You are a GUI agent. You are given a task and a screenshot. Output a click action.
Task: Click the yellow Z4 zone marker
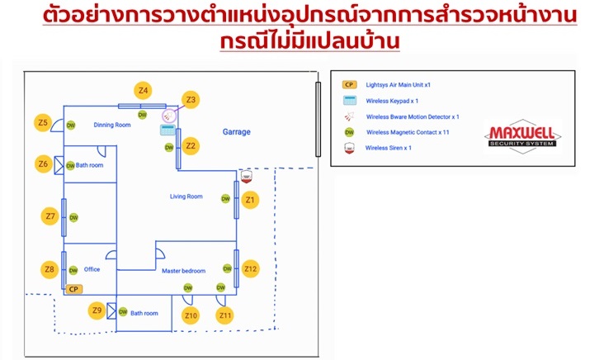[x=144, y=90]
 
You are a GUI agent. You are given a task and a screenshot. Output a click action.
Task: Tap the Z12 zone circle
[x=251, y=268]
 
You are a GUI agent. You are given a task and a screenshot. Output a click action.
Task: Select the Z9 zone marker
[x=97, y=310]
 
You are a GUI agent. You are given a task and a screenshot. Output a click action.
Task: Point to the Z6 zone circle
[x=43, y=163]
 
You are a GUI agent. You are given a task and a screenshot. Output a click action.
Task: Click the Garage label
[x=237, y=132]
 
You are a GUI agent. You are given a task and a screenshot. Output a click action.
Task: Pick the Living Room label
[x=186, y=197]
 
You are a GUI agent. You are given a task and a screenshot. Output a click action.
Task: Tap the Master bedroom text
[x=182, y=271]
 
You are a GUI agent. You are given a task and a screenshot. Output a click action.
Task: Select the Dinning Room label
[x=112, y=125]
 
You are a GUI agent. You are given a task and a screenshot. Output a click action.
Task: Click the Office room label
[x=92, y=269]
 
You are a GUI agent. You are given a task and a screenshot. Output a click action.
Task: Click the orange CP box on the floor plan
[x=73, y=290]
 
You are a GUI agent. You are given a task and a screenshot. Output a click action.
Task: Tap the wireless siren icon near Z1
[x=245, y=176]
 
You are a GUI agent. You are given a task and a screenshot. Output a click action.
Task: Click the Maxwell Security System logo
[x=522, y=137]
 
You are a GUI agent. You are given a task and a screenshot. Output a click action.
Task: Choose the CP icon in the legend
[x=349, y=84]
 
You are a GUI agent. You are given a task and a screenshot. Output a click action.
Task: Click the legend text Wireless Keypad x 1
[x=393, y=101]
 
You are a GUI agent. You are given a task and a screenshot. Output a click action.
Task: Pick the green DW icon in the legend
[x=349, y=132]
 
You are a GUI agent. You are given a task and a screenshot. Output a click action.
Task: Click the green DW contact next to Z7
[x=73, y=218]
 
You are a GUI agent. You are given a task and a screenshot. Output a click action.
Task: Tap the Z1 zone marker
[x=251, y=199]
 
